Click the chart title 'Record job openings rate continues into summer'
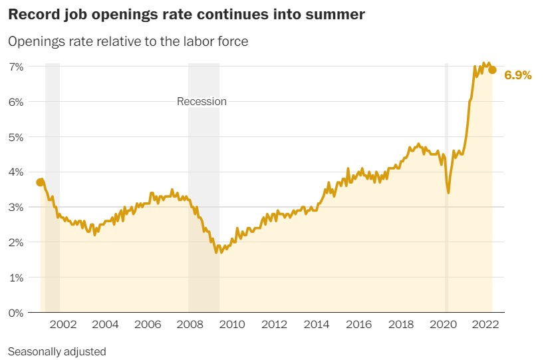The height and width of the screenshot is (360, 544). [x=187, y=15]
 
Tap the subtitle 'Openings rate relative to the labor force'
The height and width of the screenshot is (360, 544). [x=128, y=41]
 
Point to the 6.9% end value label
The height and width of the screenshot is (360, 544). [x=518, y=75]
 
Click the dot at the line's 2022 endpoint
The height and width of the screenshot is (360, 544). [x=492, y=70]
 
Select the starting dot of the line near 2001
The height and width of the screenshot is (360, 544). [x=40, y=182]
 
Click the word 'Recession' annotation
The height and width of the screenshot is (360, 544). [x=202, y=102]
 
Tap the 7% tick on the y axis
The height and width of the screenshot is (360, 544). [x=16, y=67]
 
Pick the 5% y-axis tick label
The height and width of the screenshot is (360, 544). [x=16, y=137]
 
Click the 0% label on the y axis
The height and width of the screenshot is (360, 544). [x=16, y=312]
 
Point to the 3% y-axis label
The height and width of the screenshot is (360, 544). [x=16, y=207]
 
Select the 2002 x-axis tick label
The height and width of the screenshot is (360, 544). [x=63, y=325]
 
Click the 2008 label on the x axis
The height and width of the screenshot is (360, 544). [x=190, y=325]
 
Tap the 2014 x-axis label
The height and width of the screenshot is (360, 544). [x=317, y=325]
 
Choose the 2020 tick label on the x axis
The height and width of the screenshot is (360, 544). [x=444, y=325]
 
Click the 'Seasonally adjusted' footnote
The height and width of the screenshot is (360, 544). [x=57, y=351]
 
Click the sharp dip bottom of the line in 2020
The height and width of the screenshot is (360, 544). [x=448, y=192]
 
